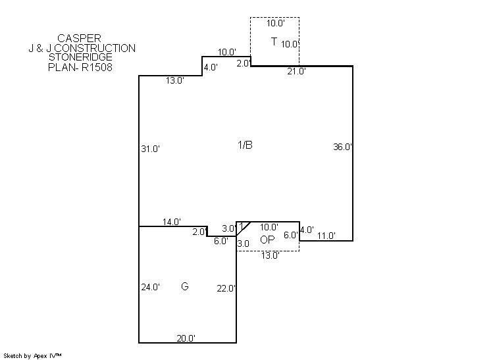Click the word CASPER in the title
pos(79,38)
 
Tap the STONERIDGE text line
pos(80,57)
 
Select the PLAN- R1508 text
pos(80,67)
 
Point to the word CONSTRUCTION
pos(95,48)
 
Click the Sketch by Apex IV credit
pos(32,355)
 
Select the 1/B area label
pos(245,145)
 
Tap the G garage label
pos(185,286)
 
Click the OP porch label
pos(267,240)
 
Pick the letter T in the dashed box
pos(274,41)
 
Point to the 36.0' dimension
pos(342,147)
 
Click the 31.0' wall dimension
pos(150,149)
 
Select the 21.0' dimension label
pos(297,71)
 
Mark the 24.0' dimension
pos(150,287)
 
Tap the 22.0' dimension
pos(226,288)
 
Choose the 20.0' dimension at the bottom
pos(186,338)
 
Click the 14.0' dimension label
pos(172,222)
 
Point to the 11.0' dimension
pos(326,236)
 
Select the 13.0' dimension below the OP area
pos(271,255)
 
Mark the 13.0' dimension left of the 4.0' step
pos(174,80)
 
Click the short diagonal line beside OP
pos(244,229)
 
